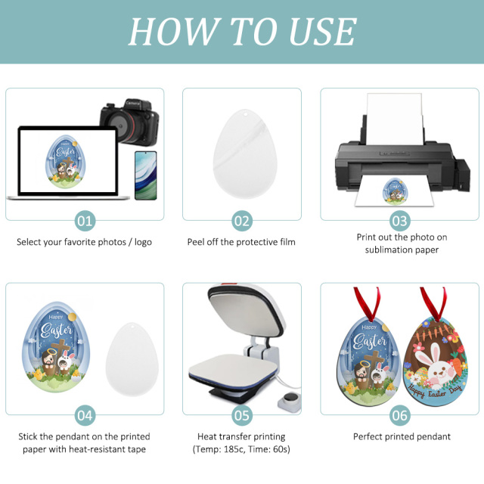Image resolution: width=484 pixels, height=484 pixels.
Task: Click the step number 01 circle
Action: pyautogui.click(x=85, y=221)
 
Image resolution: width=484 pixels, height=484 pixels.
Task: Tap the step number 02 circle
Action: pyautogui.click(x=241, y=221)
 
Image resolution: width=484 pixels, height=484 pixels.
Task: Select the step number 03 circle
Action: pyautogui.click(x=399, y=221)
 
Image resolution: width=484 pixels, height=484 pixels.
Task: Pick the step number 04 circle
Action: pyautogui.click(x=85, y=415)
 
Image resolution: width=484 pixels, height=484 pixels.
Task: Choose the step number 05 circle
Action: pyautogui.click(x=241, y=415)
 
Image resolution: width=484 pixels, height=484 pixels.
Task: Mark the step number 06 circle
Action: pyautogui.click(x=399, y=415)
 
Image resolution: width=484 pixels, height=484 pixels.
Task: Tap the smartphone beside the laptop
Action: pyautogui.click(x=145, y=175)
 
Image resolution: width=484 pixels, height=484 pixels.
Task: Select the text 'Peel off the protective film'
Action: pyautogui.click(x=241, y=242)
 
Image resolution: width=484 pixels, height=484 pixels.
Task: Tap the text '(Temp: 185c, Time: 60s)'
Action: pyautogui.click(x=241, y=449)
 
